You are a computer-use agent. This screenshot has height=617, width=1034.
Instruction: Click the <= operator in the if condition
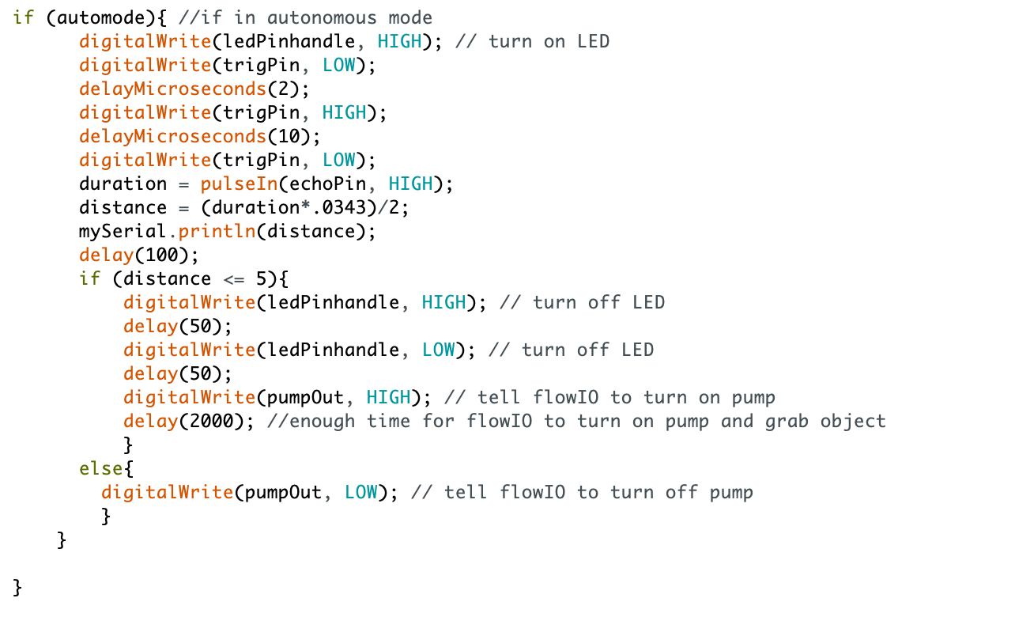tap(234, 278)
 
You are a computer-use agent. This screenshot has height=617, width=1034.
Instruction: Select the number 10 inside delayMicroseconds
tap(289, 136)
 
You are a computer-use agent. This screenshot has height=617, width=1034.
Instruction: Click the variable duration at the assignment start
tap(123, 184)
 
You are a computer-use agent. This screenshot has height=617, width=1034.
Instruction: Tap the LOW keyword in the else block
tap(361, 492)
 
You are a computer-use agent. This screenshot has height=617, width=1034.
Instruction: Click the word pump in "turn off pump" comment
tap(731, 492)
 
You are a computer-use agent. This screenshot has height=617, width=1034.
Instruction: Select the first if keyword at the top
tap(23, 17)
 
